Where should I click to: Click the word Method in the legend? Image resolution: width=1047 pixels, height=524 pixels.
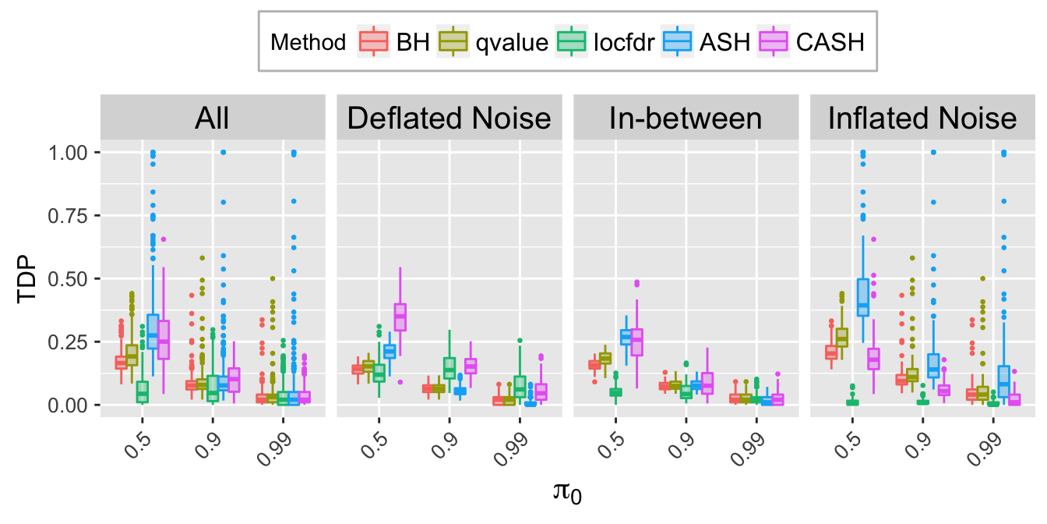coord(308,42)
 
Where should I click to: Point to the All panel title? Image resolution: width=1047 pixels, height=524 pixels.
coord(212,119)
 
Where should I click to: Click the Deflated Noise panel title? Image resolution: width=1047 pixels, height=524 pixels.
coord(449,119)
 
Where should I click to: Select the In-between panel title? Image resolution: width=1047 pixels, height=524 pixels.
coord(686,119)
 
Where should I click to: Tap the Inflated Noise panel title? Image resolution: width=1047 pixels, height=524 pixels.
coord(922,119)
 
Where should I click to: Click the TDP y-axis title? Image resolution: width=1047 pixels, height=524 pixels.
coord(29,278)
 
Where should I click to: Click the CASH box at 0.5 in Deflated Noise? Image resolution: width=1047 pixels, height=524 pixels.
coord(400,317)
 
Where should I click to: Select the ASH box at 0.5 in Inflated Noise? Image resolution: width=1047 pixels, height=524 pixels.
coord(862,297)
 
